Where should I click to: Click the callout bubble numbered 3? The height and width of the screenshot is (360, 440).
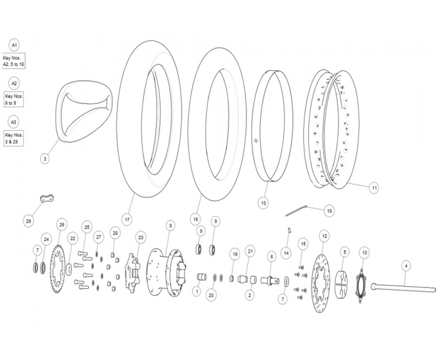pos(45,159)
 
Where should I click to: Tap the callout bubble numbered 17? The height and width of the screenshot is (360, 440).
pos(127,220)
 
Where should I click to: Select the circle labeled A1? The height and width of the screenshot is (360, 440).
pos(14,45)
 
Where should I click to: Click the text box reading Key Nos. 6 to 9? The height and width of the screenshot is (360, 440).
pos(14,100)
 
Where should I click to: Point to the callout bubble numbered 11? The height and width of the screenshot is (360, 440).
pos(374,188)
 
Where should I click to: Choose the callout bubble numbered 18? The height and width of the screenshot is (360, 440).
pos(330,211)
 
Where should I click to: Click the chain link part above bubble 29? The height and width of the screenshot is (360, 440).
pos(47,199)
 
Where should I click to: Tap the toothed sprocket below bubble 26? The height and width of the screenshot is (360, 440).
pos(57,269)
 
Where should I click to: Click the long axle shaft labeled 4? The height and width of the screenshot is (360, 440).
pos(403,289)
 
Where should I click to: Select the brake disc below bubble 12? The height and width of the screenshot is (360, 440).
pos(321,283)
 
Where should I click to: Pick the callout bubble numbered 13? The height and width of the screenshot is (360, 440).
pos(263,203)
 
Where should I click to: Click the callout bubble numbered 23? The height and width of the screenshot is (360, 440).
pos(141,238)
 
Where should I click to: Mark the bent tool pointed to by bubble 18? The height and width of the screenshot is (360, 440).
pos(296,211)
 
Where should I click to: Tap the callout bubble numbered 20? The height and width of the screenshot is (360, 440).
pos(211,295)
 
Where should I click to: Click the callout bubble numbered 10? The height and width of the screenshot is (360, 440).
pos(364,253)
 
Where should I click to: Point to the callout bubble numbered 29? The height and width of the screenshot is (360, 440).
pos(28,221)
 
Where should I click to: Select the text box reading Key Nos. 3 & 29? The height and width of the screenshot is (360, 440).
pos(14,138)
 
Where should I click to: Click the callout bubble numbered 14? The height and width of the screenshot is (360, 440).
pos(286,253)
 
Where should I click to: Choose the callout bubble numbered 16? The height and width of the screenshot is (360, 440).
pos(195,219)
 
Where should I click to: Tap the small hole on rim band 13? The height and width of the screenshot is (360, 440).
pos(255,140)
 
